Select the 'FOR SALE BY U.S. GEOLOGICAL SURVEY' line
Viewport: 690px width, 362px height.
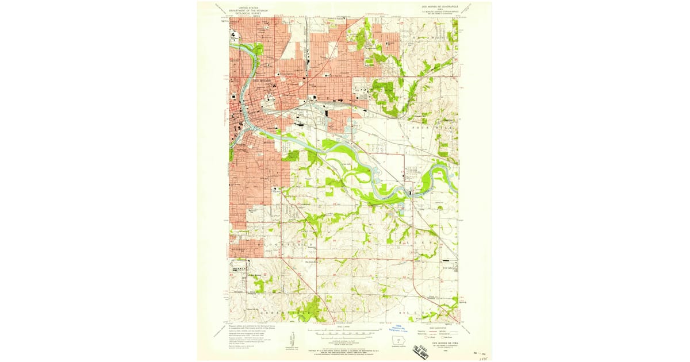coord(344,349)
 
